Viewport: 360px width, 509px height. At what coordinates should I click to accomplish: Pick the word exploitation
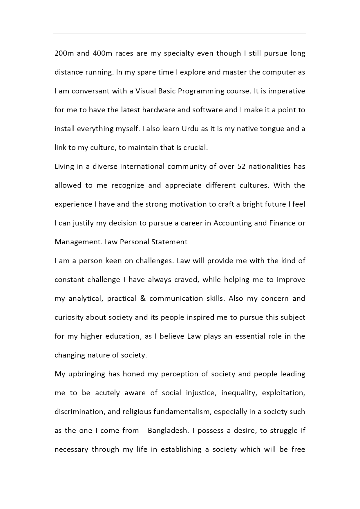(283, 393)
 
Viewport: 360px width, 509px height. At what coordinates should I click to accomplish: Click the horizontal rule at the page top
(180, 33)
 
